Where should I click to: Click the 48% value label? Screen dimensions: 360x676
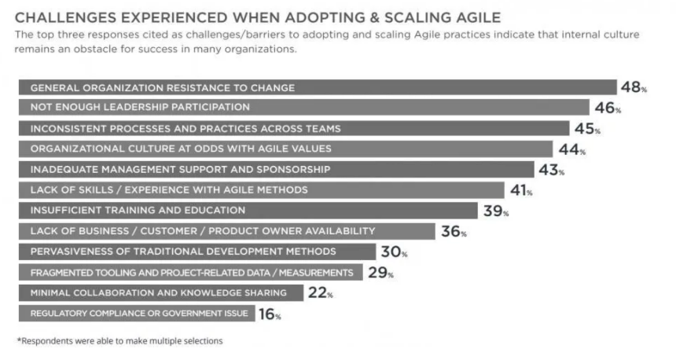point(634,87)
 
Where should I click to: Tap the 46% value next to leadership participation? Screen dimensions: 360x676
point(605,108)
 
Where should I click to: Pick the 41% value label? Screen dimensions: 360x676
point(519,189)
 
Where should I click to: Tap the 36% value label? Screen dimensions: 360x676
point(454,231)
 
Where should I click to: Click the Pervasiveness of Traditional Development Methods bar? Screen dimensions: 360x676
point(197,252)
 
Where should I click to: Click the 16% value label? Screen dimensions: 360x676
point(268,314)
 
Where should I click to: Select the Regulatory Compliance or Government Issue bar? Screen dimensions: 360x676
point(137,314)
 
